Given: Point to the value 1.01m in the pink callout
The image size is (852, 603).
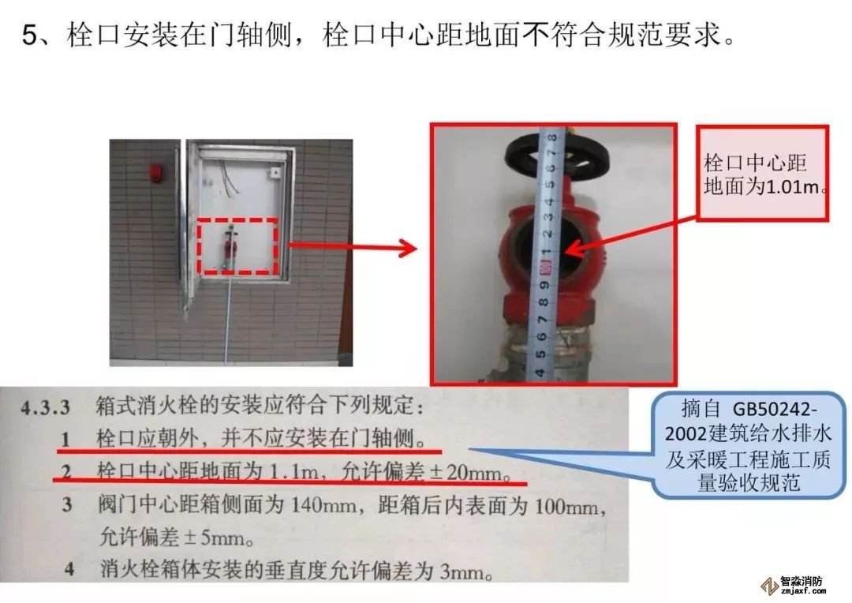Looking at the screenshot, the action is coord(793,187).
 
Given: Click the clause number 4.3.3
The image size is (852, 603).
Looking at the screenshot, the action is coord(46,407).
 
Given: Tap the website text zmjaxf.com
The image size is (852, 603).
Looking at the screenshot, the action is coord(803,591).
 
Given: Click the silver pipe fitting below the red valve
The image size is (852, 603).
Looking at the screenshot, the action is coord(546,350).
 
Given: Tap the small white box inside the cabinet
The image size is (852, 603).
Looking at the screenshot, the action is coord(275,173).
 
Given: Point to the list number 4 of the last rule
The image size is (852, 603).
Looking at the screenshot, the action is coord(69,570).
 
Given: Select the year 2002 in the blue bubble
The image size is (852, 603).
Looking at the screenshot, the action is coord(685,434).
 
